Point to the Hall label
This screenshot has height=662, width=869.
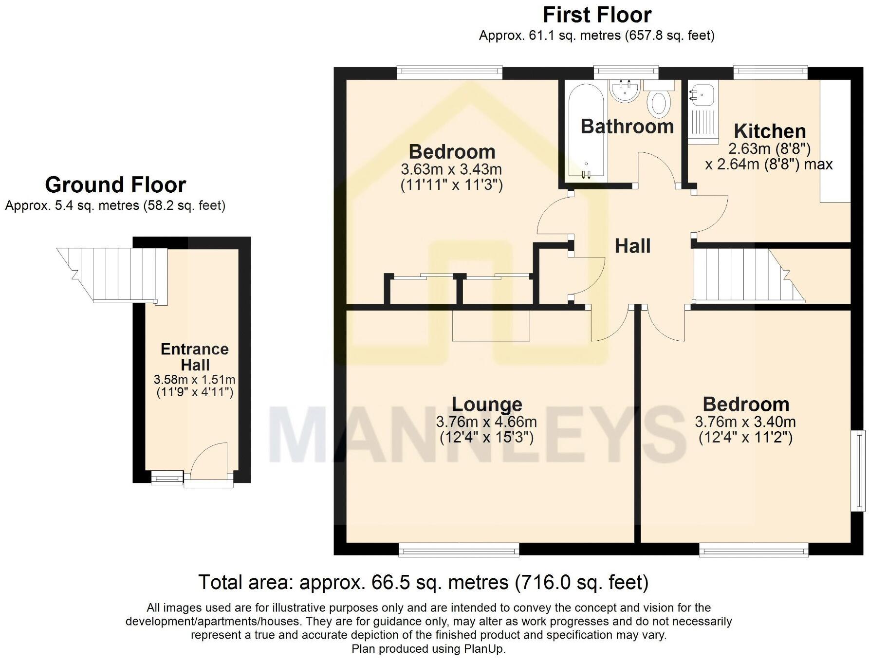(632, 246)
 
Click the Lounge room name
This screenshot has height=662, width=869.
(487, 404)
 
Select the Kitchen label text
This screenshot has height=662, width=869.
(770, 131)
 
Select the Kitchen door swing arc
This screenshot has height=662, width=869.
(711, 214)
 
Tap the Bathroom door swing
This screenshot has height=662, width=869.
(657, 168)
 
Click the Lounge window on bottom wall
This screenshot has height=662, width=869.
(459, 550)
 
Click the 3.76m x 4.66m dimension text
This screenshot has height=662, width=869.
(486, 422)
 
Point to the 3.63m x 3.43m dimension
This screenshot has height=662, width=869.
(451, 169)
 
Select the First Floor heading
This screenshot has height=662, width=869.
(597, 15)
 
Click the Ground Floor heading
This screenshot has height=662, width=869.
(115, 185)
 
